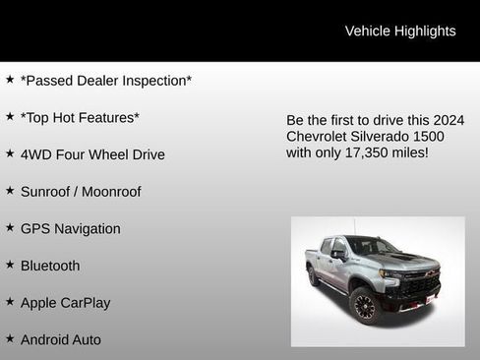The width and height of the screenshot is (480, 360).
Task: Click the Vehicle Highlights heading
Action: tap(399, 30)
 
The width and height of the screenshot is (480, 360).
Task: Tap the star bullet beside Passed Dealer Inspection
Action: tap(10, 80)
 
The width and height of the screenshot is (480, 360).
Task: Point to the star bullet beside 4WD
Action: tap(10, 153)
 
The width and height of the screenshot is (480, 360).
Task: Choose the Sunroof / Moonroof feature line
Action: tap(81, 192)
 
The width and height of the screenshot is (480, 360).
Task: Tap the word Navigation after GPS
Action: tap(89, 229)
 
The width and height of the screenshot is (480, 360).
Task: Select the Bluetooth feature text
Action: tap(50, 266)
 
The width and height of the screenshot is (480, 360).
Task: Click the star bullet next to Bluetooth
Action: tap(10, 265)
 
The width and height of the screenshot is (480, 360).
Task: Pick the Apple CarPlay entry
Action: tap(65, 303)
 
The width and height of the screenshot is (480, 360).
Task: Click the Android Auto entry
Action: tap(61, 339)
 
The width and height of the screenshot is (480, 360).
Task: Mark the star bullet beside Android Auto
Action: tap(10, 338)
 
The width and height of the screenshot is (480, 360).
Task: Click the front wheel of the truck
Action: tap(364, 307)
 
